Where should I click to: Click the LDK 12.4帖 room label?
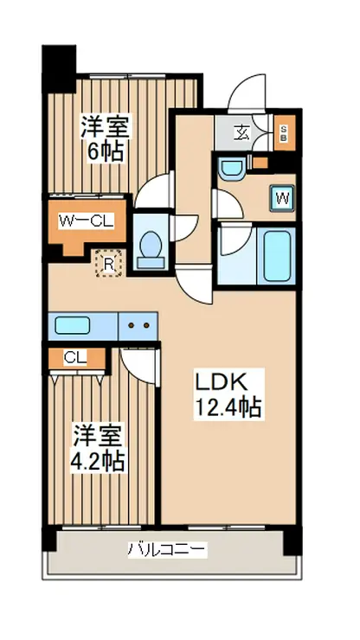[x=228, y=394]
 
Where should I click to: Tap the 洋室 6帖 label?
[x=105, y=138]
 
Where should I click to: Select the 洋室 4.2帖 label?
[x=97, y=448]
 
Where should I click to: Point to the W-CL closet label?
[x=87, y=221]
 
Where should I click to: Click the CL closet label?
[x=75, y=358]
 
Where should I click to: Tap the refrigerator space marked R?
[x=108, y=264]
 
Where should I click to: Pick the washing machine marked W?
[x=282, y=198]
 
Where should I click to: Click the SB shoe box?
[x=283, y=133]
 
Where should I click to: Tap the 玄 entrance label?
[x=242, y=133]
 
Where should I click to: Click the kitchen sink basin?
[x=73, y=326]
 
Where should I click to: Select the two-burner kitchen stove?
[x=138, y=326]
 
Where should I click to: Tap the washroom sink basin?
[x=231, y=168]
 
